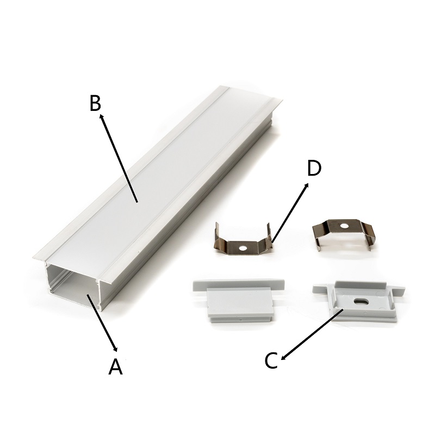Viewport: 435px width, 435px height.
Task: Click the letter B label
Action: pyautogui.click(x=96, y=103)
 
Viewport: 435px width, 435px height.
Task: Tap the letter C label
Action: pyautogui.click(x=271, y=361)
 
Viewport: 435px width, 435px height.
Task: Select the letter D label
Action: pyautogui.click(x=314, y=168)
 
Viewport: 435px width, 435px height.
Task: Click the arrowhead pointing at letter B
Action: pyautogui.click(x=102, y=117)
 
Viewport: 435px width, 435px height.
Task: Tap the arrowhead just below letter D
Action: pyautogui.click(x=306, y=186)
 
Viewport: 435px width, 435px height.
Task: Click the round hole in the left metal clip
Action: pyautogui.click(x=244, y=248)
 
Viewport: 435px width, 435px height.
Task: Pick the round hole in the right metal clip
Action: pyautogui.click(x=344, y=226)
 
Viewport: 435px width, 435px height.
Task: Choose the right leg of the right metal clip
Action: pyautogui.click(x=370, y=239)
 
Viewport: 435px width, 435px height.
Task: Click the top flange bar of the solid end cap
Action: pyautogui.click(x=239, y=284)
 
